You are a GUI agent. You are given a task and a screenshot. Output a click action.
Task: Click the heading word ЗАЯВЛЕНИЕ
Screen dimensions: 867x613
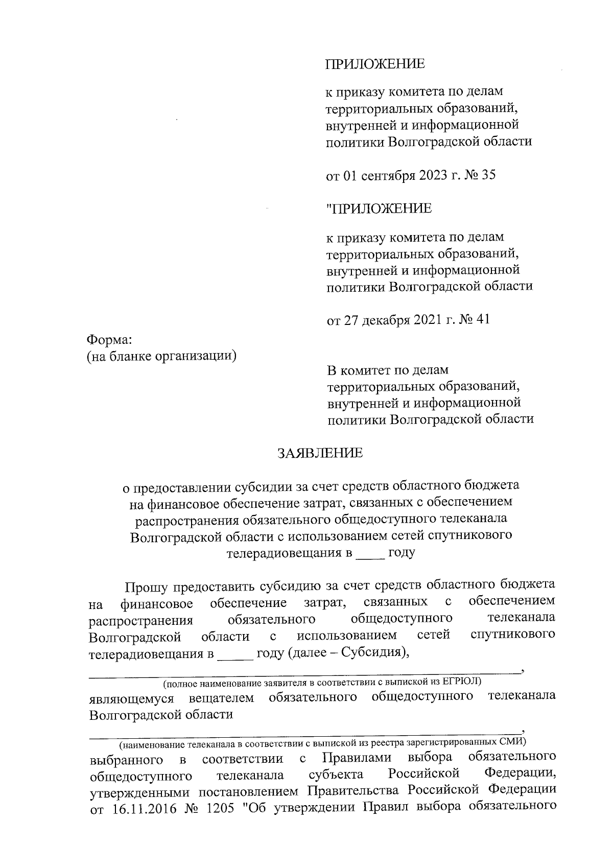pos(320,453)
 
